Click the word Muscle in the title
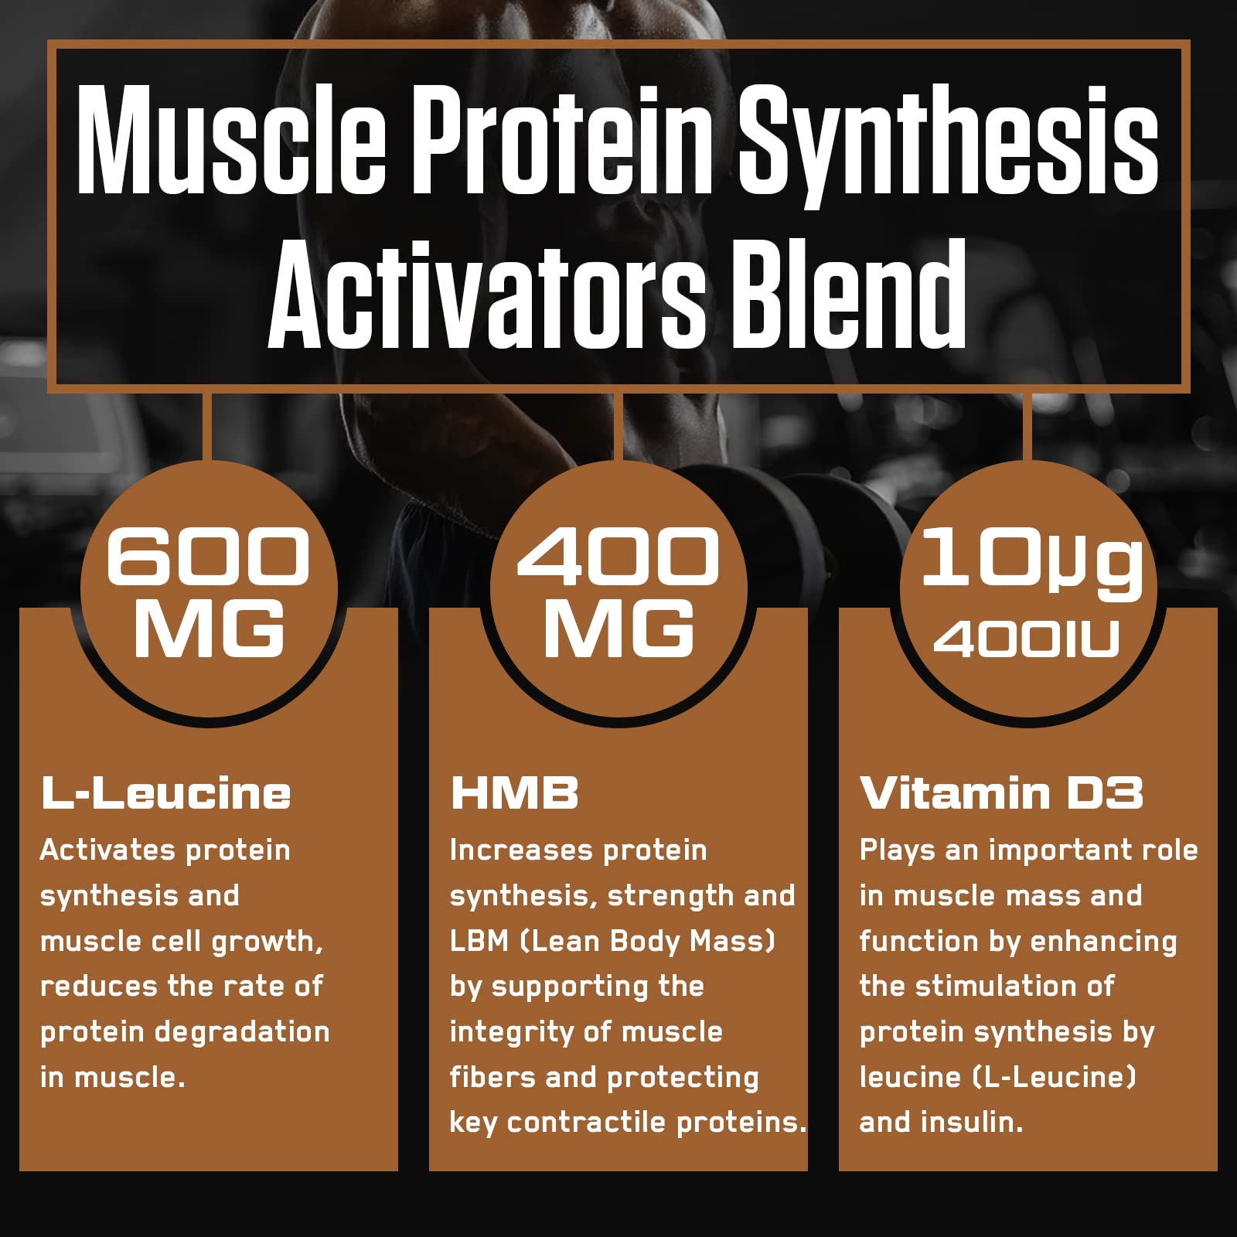tap(231, 140)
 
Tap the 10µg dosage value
tap(1031, 561)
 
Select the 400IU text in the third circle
tap(1027, 639)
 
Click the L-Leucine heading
tap(165, 793)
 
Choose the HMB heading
tap(514, 793)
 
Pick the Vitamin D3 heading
tap(1001, 793)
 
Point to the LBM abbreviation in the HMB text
tap(479, 941)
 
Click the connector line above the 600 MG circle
tap(207, 428)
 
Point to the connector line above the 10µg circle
tap(1027, 428)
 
